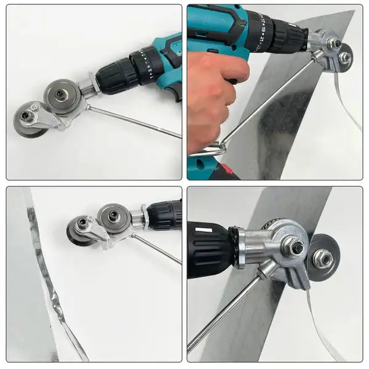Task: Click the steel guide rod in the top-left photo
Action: (135, 121)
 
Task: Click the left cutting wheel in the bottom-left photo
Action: (80, 228)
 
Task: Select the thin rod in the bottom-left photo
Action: (157, 248)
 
